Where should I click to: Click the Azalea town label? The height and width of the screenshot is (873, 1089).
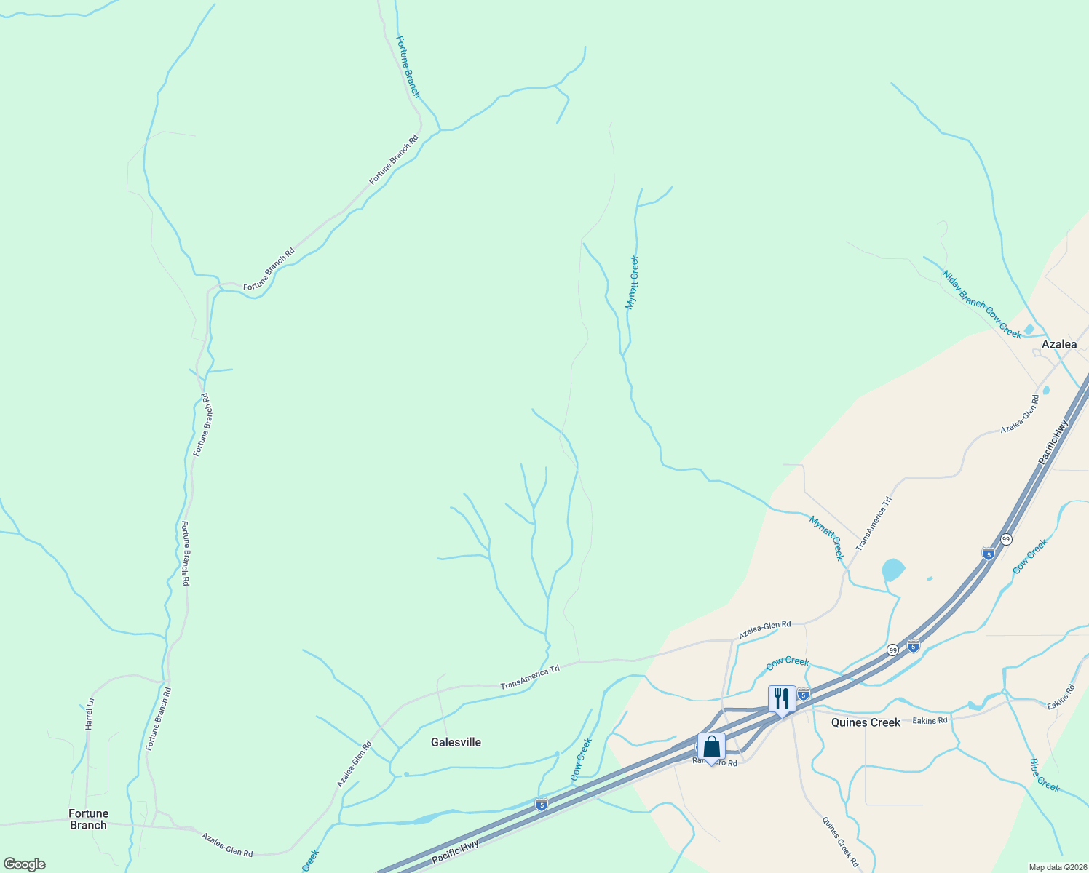[x=1058, y=344]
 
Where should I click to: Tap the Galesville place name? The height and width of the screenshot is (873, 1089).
[x=456, y=742]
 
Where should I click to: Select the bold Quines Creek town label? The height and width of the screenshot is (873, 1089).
[x=866, y=722]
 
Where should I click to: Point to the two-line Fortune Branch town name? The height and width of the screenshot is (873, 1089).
[x=88, y=819]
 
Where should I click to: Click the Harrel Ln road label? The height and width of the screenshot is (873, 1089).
[x=90, y=714]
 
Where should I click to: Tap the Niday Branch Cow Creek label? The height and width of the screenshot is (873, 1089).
[x=981, y=304]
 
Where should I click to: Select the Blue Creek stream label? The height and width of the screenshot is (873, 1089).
[x=1045, y=776]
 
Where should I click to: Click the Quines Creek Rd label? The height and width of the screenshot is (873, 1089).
[x=840, y=842]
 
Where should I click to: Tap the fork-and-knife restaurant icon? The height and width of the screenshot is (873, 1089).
[x=781, y=699]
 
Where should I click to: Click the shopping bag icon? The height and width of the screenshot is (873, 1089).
[x=711, y=747]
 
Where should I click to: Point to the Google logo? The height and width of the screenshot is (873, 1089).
[x=24, y=864]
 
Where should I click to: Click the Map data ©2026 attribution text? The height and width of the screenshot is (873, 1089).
[x=1057, y=867]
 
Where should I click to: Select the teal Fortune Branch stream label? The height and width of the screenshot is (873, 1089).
[x=408, y=67]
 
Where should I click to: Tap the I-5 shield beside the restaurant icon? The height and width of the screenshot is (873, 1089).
[x=804, y=695]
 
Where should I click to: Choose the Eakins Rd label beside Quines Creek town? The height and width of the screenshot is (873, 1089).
[x=932, y=720]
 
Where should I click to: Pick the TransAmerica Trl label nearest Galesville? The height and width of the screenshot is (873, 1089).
[x=530, y=678]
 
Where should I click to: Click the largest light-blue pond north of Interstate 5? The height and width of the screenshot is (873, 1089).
[x=892, y=569]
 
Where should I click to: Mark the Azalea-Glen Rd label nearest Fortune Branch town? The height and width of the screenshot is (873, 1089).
[x=227, y=844]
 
